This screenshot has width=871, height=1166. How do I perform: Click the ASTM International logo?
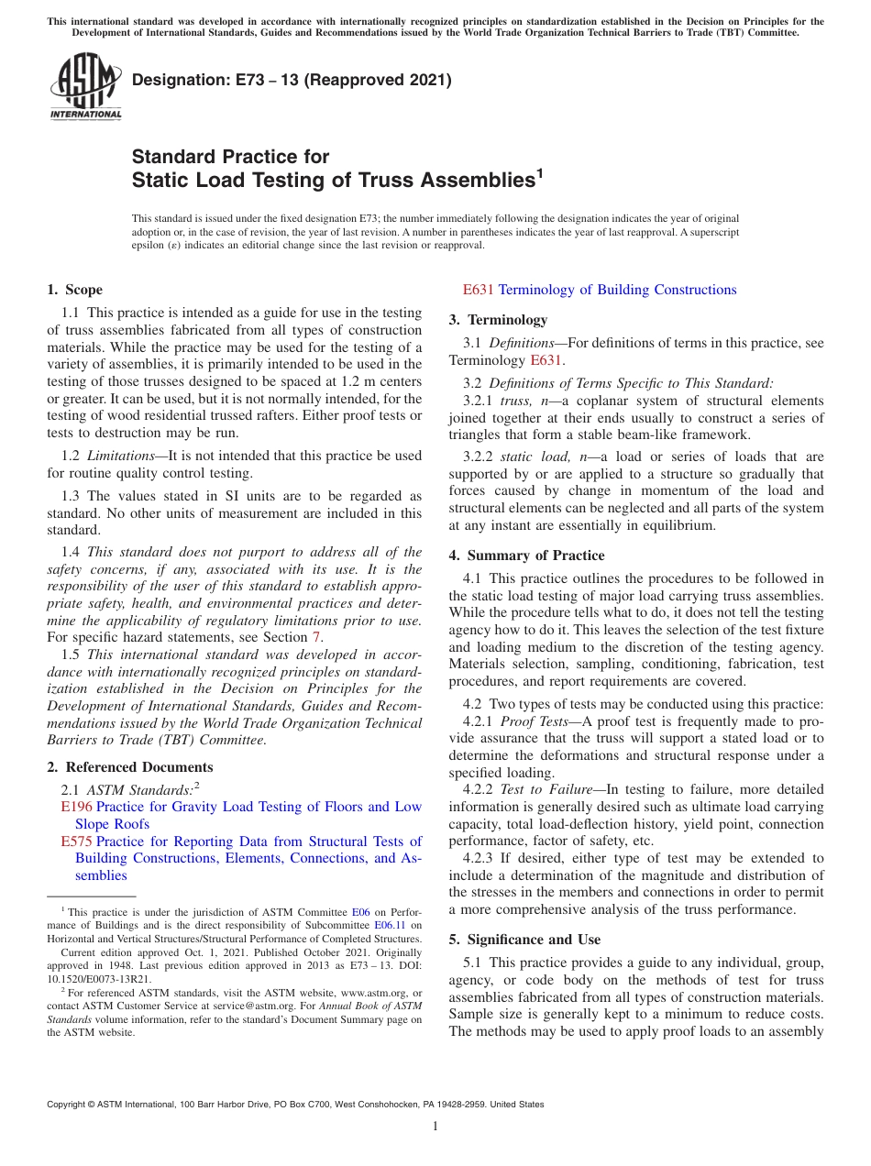click(x=85, y=88)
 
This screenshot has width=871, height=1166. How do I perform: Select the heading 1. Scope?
click(x=75, y=290)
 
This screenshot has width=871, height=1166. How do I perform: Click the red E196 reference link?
click(x=77, y=807)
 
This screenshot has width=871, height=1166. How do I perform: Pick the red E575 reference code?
click(x=77, y=841)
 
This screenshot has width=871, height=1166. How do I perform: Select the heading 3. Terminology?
click(x=498, y=320)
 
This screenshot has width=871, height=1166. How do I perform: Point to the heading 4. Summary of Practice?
click(x=526, y=555)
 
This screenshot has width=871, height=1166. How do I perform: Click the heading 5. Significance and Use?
click(x=524, y=940)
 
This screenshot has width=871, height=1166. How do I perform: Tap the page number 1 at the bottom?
click(x=435, y=1127)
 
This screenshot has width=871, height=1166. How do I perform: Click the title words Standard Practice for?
click(x=230, y=157)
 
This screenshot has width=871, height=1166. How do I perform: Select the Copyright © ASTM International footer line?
click(x=295, y=1105)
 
